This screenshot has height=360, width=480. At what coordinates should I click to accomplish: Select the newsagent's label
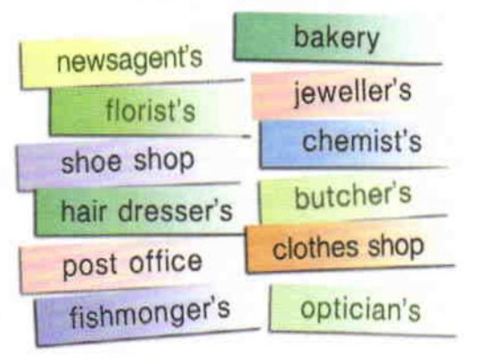129,60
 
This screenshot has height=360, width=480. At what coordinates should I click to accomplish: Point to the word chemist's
361,142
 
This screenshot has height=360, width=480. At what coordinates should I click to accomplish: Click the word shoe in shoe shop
90,160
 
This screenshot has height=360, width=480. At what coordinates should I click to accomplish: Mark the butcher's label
353,196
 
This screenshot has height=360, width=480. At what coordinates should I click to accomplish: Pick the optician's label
360,309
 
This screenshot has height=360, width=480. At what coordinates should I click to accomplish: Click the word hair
83,211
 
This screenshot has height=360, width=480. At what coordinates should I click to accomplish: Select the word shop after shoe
162,160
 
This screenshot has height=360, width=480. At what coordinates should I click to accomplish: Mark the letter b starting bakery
299,37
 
